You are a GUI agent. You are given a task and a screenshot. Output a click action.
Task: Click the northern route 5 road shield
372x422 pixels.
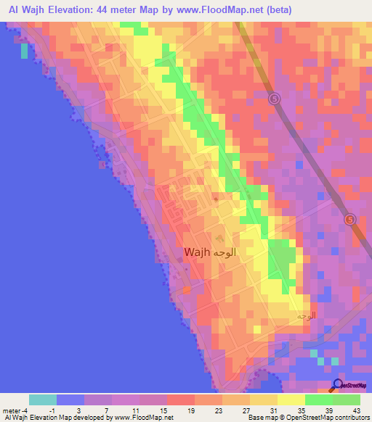pos(274,99)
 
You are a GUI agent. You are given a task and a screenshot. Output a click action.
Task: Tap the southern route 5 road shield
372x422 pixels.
pos(350,219)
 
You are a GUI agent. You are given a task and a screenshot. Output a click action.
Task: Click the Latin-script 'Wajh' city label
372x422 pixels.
pos(198,252)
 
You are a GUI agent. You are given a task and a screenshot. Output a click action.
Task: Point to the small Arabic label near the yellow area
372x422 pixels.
pos(306,316)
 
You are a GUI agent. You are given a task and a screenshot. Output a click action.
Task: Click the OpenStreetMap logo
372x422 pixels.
pos(349,388)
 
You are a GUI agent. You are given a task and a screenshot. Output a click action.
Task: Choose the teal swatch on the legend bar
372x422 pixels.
pos(43,400)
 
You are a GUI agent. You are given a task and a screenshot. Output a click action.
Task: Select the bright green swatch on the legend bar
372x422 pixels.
pos(319,400)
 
